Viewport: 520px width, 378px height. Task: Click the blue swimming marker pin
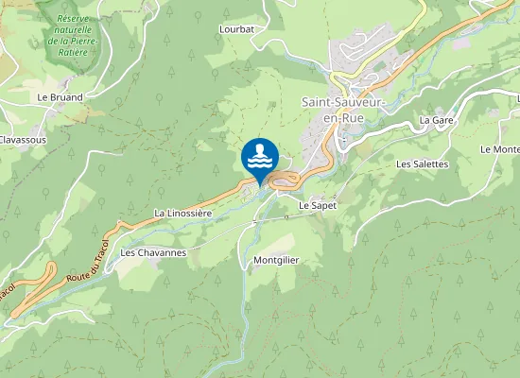point(260,157)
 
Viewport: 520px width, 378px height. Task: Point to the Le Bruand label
point(61,97)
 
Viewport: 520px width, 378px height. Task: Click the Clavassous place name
point(23,139)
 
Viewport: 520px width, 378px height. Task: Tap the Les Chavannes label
point(153,253)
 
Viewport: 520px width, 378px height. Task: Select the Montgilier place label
point(276,260)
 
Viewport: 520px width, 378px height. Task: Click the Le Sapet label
point(318,205)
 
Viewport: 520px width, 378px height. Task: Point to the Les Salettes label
point(422,163)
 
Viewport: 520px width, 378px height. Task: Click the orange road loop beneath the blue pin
point(284,180)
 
